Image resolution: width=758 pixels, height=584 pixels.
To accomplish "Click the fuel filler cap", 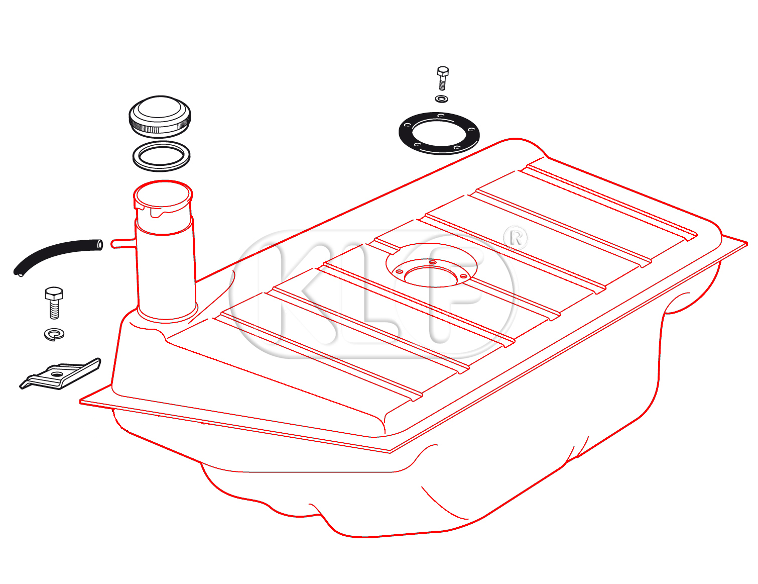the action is pyautogui.click(x=160, y=117).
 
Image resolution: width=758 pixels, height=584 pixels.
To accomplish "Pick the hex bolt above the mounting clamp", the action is pyautogui.click(x=54, y=303).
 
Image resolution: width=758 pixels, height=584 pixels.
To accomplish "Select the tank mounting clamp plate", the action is pyautogui.click(x=60, y=374).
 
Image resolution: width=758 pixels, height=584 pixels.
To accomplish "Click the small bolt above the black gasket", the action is pyautogui.click(x=442, y=78).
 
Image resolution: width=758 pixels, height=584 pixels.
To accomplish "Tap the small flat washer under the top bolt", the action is pyautogui.click(x=442, y=99).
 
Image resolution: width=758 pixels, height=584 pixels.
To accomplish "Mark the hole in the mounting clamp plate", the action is pyautogui.click(x=57, y=374).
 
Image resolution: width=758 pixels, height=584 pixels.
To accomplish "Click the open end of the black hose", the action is pyautogui.click(x=100, y=245).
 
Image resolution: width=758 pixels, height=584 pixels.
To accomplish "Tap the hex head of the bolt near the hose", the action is pyautogui.click(x=54, y=294).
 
